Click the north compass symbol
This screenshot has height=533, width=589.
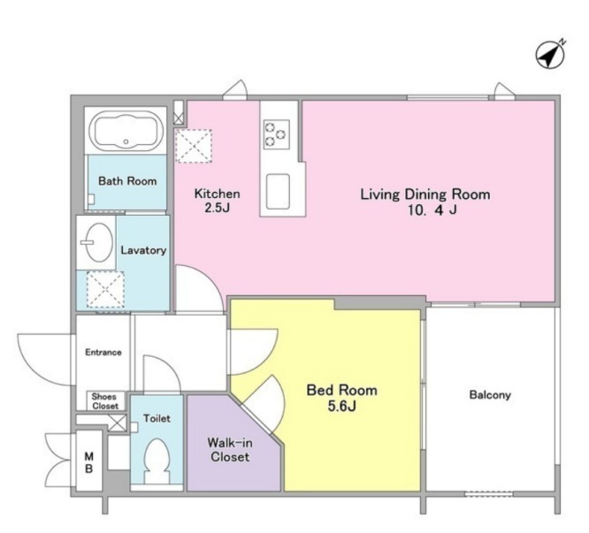[x=550, y=55]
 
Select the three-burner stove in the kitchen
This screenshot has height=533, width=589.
[x=277, y=134]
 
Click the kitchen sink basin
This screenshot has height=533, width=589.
[x=278, y=192]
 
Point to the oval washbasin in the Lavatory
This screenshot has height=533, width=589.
[x=98, y=242]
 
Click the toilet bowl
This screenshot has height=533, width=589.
[x=157, y=461]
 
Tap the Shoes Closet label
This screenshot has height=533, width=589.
[x=104, y=401]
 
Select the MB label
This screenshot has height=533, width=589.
[x=89, y=462]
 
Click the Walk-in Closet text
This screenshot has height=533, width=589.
[x=230, y=450]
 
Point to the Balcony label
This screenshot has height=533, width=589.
[x=490, y=395]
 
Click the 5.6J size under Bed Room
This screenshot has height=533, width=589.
[x=342, y=407]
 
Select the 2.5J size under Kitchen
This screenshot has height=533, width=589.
[x=218, y=208]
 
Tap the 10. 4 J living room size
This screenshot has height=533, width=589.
[x=432, y=209]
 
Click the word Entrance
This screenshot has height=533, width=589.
[x=103, y=352]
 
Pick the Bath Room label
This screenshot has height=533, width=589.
[x=127, y=181]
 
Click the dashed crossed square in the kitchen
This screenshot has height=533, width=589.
[x=194, y=146]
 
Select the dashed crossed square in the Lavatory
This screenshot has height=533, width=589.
[x=105, y=289]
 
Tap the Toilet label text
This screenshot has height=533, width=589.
[x=157, y=418]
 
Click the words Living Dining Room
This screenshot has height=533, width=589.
[x=425, y=194]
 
